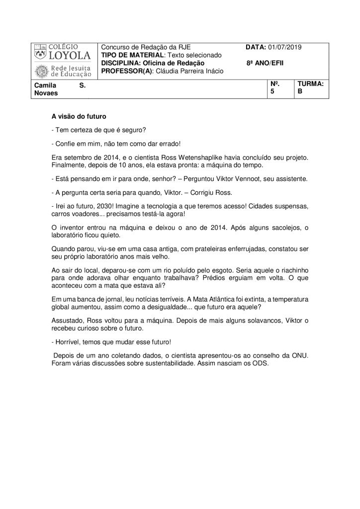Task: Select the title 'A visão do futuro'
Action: [x=79, y=117]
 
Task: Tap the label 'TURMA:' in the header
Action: [x=311, y=85]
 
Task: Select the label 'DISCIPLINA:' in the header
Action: [x=121, y=64]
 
